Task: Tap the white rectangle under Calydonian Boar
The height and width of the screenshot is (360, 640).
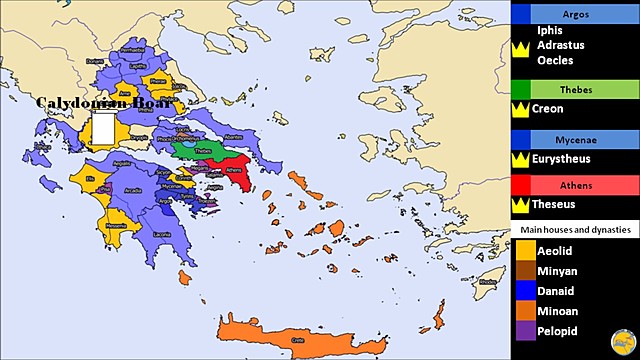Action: pyautogui.click(x=102, y=131)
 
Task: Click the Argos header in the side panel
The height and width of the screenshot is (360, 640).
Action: pyautogui.click(x=576, y=13)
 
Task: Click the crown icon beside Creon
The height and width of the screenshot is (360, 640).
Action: pyautogui.click(x=520, y=108)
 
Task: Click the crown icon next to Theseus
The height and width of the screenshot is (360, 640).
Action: pyautogui.click(x=520, y=205)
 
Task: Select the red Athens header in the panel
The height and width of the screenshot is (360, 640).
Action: pyautogui.click(x=576, y=186)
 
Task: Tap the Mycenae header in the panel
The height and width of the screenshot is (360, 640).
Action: pyautogui.click(x=576, y=139)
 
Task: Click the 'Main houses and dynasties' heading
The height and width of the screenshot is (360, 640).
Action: pyautogui.click(x=575, y=230)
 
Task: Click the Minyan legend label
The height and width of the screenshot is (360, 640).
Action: pyautogui.click(x=557, y=270)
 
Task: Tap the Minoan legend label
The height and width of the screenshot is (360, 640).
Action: pyautogui.click(x=559, y=310)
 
